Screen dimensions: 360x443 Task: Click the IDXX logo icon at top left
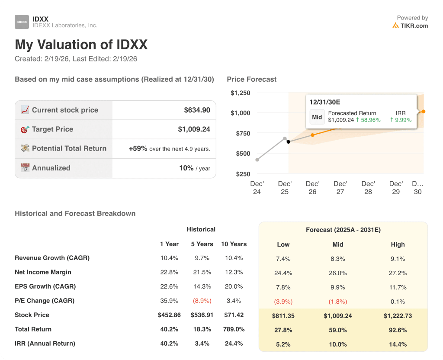coord(22,22)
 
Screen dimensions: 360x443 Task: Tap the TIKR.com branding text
coord(414,26)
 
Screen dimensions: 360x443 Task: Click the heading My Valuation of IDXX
coord(81,45)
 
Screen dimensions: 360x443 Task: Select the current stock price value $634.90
coord(197,110)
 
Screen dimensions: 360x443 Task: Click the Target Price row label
coord(52,129)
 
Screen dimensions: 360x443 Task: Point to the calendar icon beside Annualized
coord(25,168)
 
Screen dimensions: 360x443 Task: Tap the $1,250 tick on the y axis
coord(240,93)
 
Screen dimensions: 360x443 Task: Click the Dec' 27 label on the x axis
coord(340,187)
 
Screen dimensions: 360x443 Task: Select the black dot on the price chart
coord(289,142)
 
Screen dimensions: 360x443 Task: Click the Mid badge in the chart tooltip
coord(317,117)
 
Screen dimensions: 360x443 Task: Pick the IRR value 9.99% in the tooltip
coord(401,120)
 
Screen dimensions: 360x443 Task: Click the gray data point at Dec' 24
coord(257,160)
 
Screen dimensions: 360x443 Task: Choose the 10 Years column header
coord(234,244)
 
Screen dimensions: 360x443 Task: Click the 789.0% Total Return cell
coord(234,329)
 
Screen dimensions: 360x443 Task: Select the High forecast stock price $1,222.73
coord(398,316)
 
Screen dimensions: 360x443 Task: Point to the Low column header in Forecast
coord(283,244)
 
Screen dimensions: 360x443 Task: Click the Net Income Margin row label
coord(43,272)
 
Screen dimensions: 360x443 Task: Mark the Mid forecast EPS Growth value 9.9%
coord(338,287)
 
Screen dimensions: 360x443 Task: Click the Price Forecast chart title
coord(251,79)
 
